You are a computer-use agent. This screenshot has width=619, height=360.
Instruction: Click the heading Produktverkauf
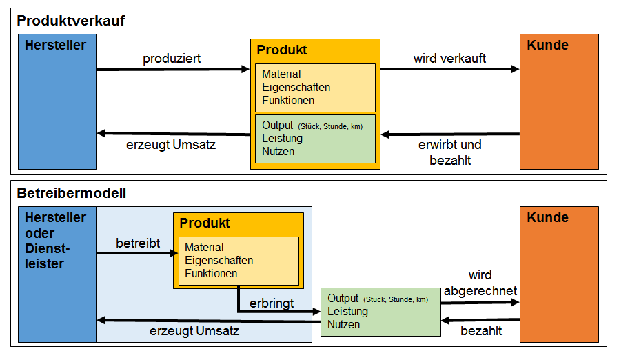point(71,21)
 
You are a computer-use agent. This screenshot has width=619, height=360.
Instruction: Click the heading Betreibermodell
point(72,193)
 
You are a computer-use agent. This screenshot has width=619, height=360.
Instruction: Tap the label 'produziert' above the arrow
point(172,59)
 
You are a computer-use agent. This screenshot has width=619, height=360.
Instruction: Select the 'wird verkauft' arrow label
point(449,59)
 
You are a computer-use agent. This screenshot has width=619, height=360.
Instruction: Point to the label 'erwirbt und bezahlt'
point(450,152)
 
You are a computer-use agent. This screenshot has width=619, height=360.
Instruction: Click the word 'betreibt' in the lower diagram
point(138,243)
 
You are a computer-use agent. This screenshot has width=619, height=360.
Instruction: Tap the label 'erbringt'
point(272,303)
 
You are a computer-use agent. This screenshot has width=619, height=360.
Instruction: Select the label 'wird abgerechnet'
point(480,283)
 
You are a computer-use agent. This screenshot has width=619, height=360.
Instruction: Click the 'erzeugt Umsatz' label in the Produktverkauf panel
point(171,145)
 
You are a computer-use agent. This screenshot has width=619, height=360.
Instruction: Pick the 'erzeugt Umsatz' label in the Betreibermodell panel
point(194,331)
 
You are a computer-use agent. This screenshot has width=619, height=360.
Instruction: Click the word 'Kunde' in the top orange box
point(547,45)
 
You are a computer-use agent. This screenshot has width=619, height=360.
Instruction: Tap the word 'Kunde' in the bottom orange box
point(547,217)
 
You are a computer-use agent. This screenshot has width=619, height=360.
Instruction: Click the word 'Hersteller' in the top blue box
point(55,45)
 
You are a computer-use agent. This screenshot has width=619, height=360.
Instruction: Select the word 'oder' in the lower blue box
point(39,233)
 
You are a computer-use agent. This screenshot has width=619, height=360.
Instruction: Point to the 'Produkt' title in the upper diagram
point(282,50)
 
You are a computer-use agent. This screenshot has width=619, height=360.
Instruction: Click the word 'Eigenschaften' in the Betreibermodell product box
point(219,261)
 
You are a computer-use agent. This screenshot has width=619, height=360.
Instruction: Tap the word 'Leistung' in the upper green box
point(282,139)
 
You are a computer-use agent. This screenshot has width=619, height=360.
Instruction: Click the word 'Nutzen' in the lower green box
point(343,324)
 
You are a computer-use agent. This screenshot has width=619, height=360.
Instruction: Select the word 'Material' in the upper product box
point(281,74)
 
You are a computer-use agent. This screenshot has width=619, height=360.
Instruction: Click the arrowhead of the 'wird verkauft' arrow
point(515,69)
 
